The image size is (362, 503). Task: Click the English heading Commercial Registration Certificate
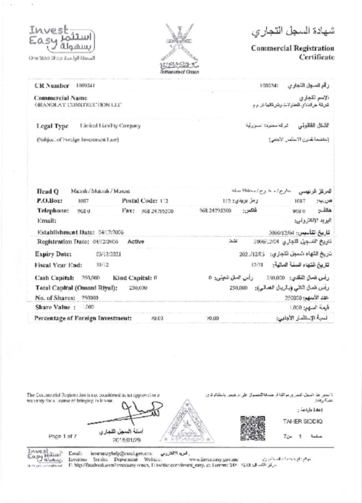tap(293, 53)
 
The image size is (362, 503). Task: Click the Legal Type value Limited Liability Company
tap(110, 126)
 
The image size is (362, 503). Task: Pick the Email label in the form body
tap(46, 220)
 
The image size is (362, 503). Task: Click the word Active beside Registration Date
tap(136, 242)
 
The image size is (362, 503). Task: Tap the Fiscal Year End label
tap(57, 265)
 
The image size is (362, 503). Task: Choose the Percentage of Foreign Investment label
tap(83, 318)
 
